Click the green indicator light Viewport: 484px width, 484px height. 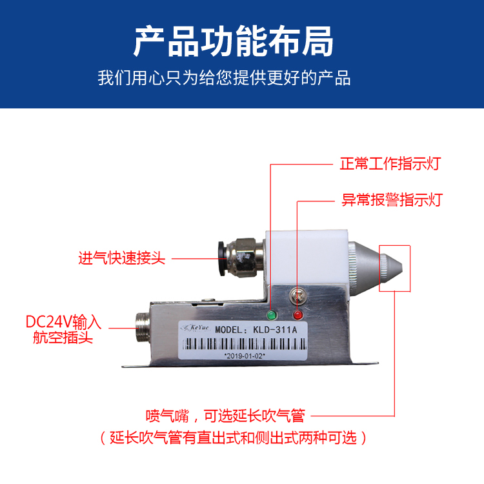click(x=272, y=316)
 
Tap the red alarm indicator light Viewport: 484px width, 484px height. click(x=298, y=315)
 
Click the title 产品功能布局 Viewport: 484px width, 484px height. click(x=234, y=41)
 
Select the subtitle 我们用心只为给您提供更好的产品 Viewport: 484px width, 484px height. click(x=224, y=78)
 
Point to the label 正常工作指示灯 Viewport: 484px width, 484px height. click(x=390, y=163)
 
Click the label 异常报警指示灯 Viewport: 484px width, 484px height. click(x=392, y=199)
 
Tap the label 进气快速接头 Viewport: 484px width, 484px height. click(x=121, y=258)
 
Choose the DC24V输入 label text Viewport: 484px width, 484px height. click(x=63, y=322)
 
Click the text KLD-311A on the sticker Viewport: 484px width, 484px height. click(x=275, y=330)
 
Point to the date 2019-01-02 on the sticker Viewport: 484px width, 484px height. click(x=245, y=356)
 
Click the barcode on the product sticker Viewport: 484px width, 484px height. click(x=245, y=344)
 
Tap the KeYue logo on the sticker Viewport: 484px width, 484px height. click(x=196, y=328)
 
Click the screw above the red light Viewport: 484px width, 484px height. click(x=298, y=296)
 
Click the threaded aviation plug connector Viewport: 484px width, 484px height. click(x=143, y=327)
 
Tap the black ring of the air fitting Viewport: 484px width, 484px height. click(x=222, y=259)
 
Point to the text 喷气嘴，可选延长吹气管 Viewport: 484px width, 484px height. click(x=226, y=416)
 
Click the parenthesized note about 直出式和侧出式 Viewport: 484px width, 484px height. click(x=234, y=438)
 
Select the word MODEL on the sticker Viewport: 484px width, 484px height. click(x=228, y=330)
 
